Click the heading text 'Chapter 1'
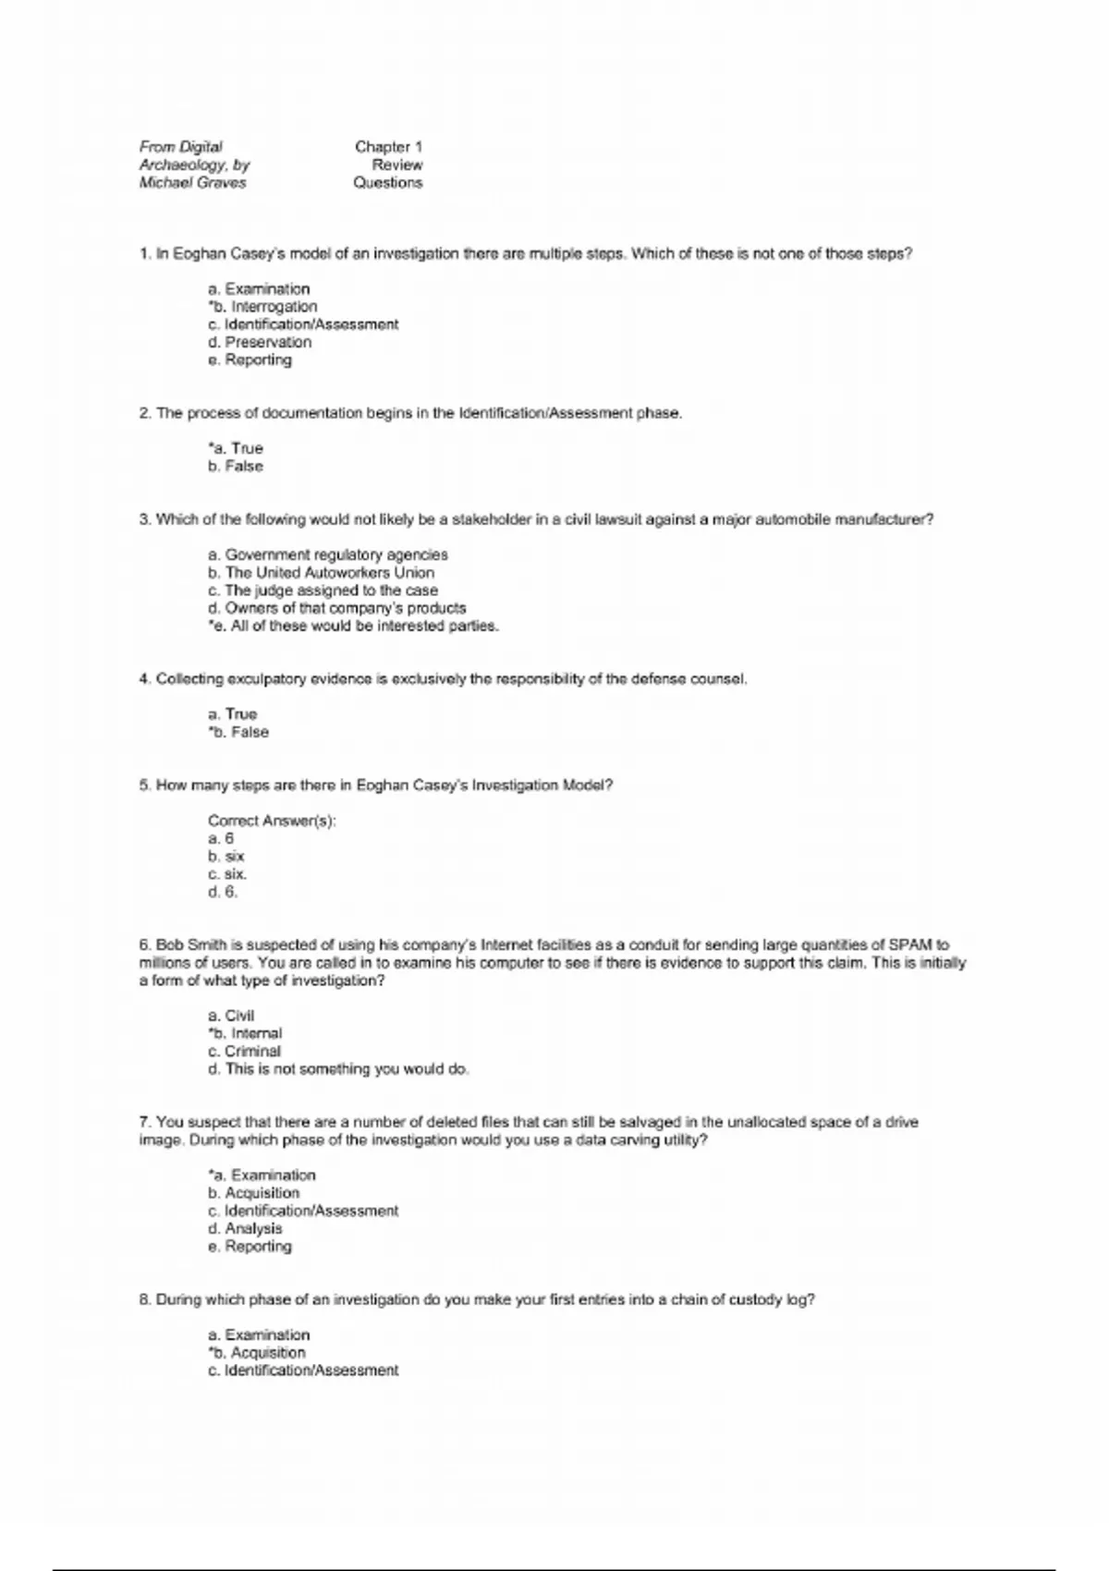click(x=388, y=147)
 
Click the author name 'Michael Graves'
click(x=192, y=183)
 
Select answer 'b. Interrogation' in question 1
click(x=262, y=307)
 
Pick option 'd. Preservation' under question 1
click(x=260, y=342)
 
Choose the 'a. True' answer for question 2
click(x=236, y=448)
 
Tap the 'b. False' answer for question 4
click(x=238, y=732)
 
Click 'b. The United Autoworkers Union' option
click(x=321, y=573)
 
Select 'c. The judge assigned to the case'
click(x=323, y=591)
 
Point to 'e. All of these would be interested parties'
click(x=354, y=626)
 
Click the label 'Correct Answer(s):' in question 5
click(x=272, y=821)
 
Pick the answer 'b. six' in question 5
click(x=226, y=857)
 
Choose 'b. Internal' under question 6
click(x=245, y=1033)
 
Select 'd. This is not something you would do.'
click(x=338, y=1069)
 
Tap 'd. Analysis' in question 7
click(x=245, y=1229)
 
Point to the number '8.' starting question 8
click(x=145, y=1300)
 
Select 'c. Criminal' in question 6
click(x=244, y=1052)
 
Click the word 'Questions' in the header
click(x=388, y=183)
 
